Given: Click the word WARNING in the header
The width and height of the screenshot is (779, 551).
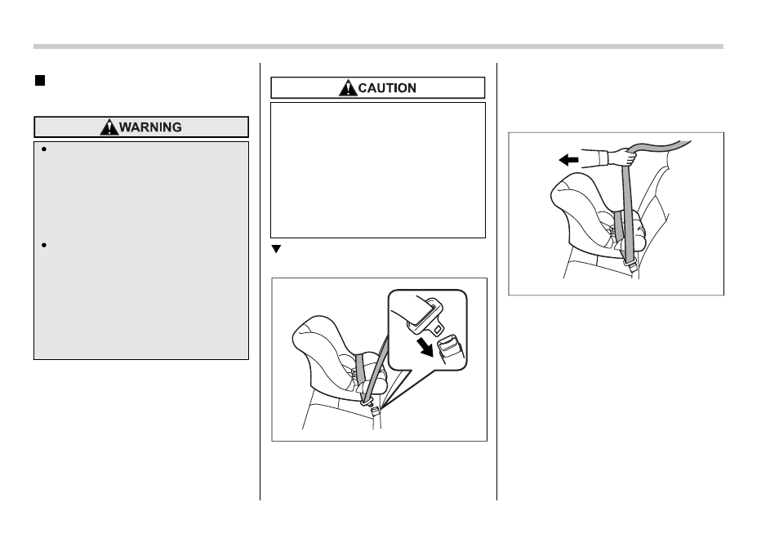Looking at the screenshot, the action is [x=150, y=127].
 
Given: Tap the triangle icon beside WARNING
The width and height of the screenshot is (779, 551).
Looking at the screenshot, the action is [x=109, y=127].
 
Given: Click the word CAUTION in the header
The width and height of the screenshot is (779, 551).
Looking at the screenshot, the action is [x=387, y=88].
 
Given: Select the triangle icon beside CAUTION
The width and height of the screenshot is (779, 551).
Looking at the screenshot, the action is [x=349, y=88].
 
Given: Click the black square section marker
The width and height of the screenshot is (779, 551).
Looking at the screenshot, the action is [x=40, y=81].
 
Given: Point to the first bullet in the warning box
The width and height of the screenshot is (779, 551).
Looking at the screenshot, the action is [x=44, y=149].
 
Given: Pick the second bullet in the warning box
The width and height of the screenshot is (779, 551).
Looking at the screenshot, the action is [x=44, y=245].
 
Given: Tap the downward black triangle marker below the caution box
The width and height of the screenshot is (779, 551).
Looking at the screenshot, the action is [x=276, y=249].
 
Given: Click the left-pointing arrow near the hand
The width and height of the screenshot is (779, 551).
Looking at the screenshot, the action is [x=568, y=160].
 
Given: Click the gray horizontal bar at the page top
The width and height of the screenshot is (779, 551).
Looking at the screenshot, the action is [x=378, y=47].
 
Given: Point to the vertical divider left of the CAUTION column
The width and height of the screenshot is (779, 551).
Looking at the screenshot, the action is [x=260, y=281].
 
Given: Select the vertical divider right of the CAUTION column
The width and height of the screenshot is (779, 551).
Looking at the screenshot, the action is [x=496, y=281].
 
